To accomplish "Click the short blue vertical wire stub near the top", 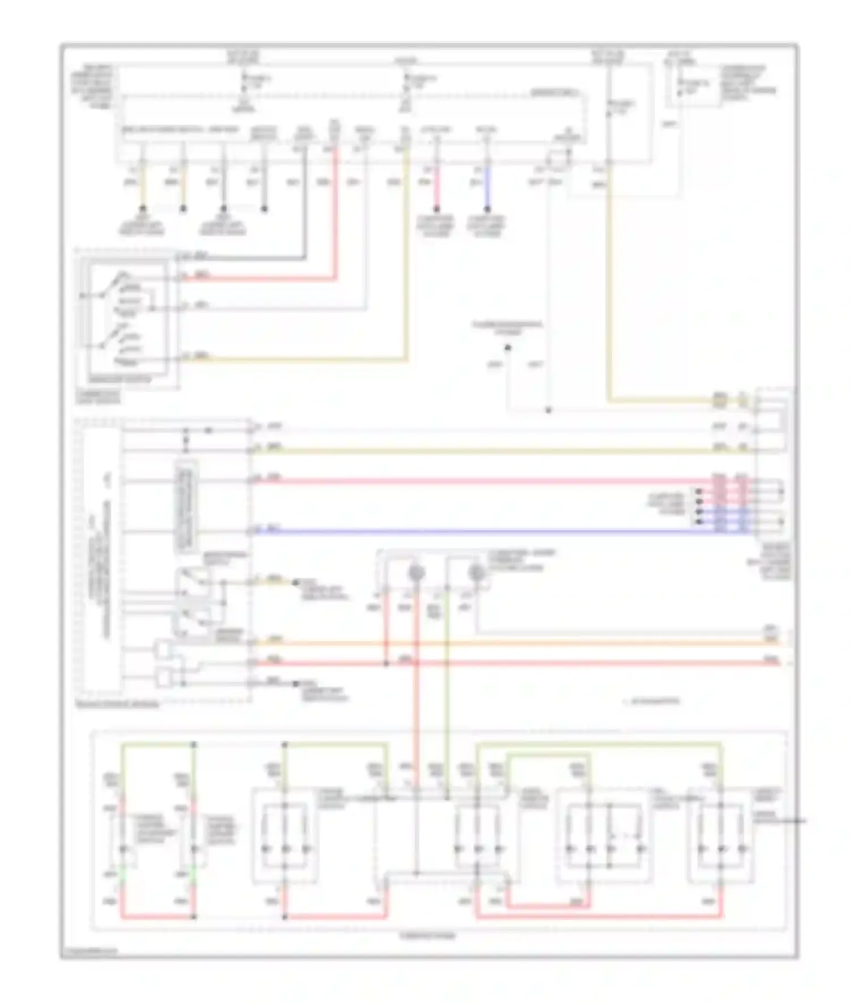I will [486, 187].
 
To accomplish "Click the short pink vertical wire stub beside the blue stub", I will [436, 187].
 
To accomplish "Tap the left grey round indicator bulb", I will [417, 573].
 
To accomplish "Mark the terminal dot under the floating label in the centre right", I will [508, 347].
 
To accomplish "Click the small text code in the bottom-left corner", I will [91, 952].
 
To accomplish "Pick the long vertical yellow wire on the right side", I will [609, 283].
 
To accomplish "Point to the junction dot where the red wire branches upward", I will [386, 663].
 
